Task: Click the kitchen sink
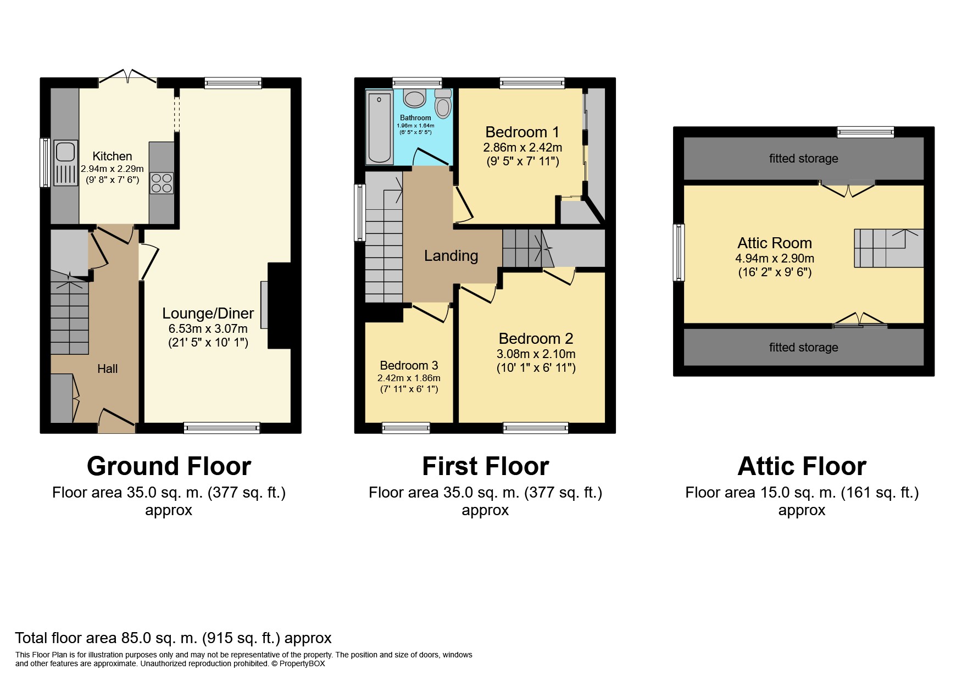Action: click(x=65, y=163)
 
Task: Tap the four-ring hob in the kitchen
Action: click(x=162, y=183)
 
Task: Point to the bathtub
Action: click(x=379, y=129)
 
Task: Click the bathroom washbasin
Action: click(x=414, y=98)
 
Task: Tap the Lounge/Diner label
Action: click(x=208, y=313)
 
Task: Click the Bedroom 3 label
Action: click(x=409, y=365)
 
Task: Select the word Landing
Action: click(x=451, y=255)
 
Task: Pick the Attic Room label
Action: click(x=775, y=243)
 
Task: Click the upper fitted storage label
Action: click(x=803, y=159)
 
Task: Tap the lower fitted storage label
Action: click(x=803, y=347)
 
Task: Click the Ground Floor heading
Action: click(x=169, y=466)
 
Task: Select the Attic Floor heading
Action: click(x=802, y=466)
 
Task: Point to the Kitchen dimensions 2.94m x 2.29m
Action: click(x=112, y=169)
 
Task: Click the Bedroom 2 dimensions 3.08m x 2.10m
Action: click(x=536, y=354)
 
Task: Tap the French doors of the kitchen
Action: click(x=127, y=78)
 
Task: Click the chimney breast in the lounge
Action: click(x=279, y=306)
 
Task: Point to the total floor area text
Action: click(x=173, y=638)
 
